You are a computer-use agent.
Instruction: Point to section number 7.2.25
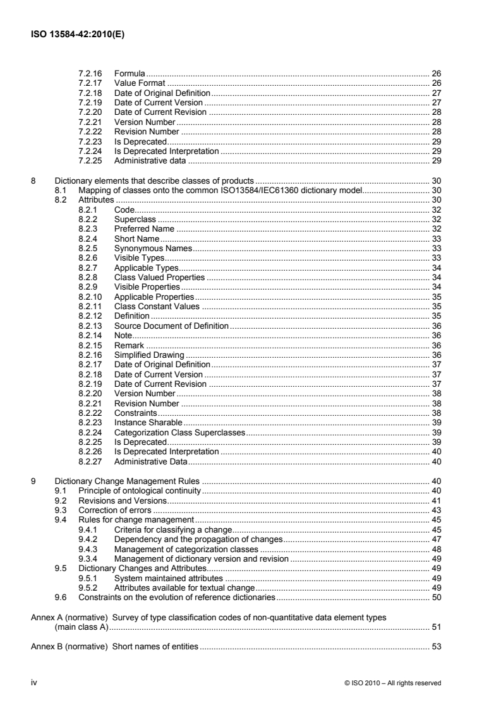[90, 160]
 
